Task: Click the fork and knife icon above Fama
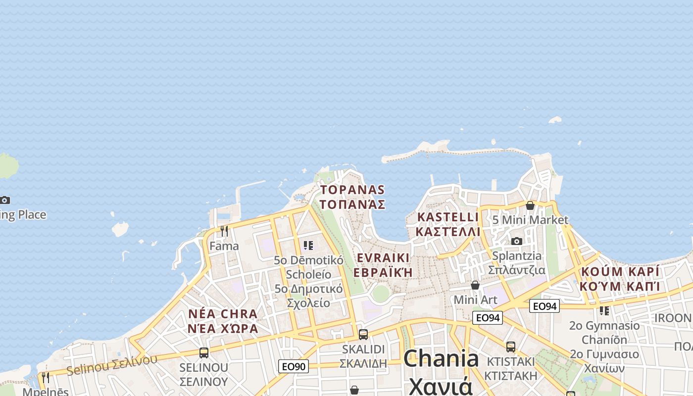point(224,231)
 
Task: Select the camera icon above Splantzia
point(517,241)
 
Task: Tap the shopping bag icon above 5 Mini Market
point(530,205)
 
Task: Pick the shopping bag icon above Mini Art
point(475,285)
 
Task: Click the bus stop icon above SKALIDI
point(363,334)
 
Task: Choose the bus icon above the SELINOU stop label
point(203,352)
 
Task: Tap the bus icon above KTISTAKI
point(511,346)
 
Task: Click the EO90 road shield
point(294,366)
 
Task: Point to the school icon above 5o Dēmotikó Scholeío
point(308,245)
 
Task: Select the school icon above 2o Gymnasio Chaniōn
point(604,311)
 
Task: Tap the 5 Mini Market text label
point(530,219)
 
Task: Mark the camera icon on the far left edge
point(5,200)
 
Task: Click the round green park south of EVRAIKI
point(380,293)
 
